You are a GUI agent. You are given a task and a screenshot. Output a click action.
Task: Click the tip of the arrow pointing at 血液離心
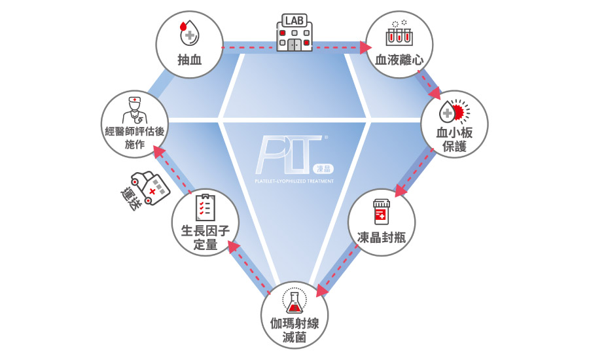[372, 48]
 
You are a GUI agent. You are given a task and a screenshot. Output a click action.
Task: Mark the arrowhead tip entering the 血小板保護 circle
[440, 99]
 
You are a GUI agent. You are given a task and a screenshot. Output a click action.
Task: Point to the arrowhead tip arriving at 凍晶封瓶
[396, 196]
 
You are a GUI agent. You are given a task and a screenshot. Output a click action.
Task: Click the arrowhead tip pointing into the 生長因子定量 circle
[229, 242]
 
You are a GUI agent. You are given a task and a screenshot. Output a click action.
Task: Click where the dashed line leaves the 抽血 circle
[223, 48]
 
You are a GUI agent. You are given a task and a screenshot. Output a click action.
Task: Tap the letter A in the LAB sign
[294, 21]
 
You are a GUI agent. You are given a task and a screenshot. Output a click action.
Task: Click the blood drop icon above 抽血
[189, 33]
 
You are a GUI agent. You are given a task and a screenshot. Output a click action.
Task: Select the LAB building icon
[294, 32]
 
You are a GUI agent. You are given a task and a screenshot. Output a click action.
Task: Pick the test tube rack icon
[399, 33]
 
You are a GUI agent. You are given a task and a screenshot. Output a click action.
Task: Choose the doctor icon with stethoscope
[135, 110]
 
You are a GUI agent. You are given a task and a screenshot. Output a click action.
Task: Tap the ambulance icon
[151, 187]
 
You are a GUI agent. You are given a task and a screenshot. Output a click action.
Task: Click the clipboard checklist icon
[205, 207]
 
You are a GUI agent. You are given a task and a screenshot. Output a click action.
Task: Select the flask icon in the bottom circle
[294, 301]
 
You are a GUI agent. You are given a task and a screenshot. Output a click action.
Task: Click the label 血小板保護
[454, 139]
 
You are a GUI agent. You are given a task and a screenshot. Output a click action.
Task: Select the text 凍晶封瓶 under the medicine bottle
[382, 238]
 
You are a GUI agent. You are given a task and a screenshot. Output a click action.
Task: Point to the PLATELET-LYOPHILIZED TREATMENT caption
[294, 181]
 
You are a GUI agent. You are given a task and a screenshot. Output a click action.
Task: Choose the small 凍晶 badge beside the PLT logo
[323, 169]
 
